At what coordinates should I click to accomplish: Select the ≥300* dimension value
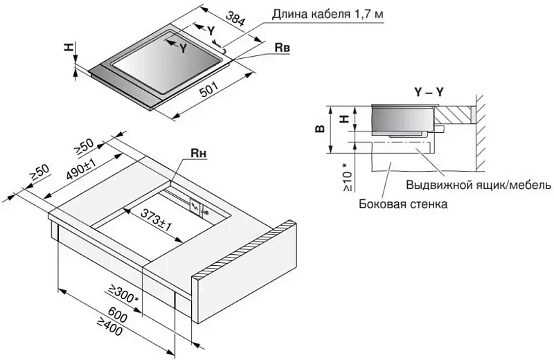click(x=123, y=296)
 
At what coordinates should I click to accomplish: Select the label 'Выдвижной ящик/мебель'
click(x=478, y=185)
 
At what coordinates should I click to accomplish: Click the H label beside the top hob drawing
click(x=68, y=47)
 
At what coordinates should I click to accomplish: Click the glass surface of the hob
click(x=166, y=66)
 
